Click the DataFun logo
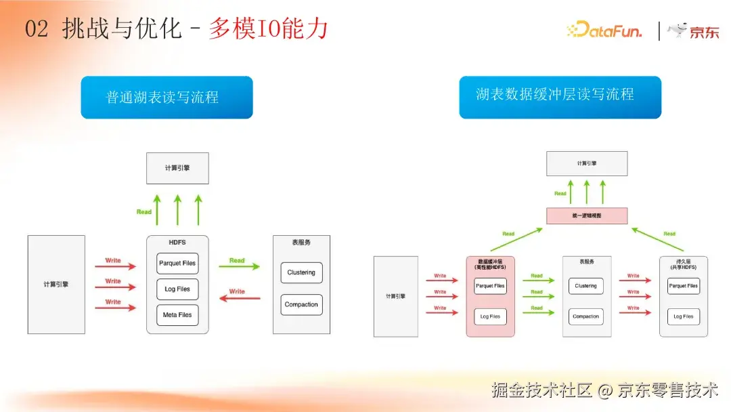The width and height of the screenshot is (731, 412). coord(604,30)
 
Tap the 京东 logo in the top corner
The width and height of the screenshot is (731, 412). coord(693,30)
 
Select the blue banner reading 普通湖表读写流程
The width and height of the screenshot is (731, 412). coord(167,98)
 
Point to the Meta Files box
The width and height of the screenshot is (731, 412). coord(177,315)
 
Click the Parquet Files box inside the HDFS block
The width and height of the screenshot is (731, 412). coord(177,263)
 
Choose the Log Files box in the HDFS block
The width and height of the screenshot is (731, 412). coord(177,289)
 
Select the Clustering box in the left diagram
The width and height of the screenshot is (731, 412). coord(301,272)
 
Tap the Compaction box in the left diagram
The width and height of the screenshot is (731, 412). coord(301,304)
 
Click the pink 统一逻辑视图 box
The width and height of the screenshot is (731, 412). coord(587,215)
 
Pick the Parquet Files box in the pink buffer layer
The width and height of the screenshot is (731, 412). coord(490,286)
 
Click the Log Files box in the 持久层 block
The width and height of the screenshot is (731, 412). coord(683,316)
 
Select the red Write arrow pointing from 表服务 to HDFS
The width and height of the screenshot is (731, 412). coord(240,298)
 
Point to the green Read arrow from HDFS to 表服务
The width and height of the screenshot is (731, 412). coord(239,267)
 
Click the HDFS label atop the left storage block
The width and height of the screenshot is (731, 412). coord(177,242)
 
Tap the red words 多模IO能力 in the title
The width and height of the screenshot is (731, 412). coord(268,29)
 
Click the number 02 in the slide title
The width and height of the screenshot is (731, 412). coord(37,30)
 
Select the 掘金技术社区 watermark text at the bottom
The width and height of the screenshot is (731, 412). coord(541,390)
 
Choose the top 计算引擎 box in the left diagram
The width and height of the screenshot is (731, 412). coord(177,168)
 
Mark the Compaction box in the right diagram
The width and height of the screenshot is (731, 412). coord(585,316)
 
